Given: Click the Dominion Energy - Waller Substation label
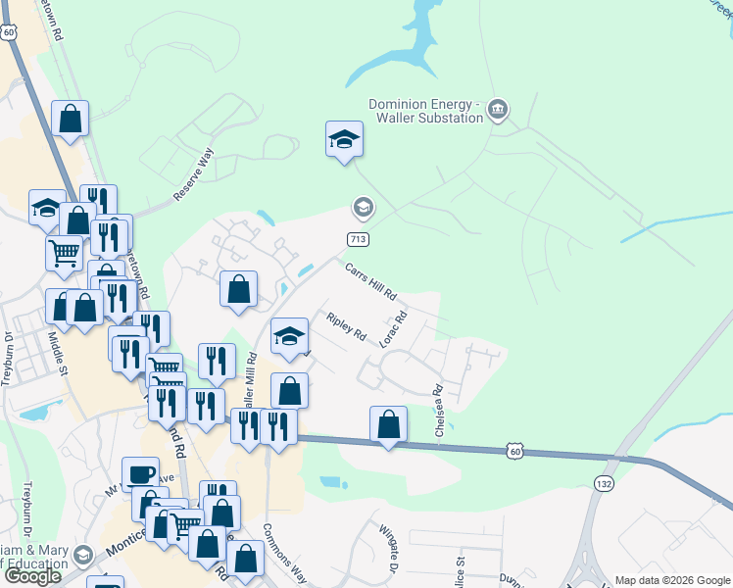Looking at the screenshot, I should coord(425,111).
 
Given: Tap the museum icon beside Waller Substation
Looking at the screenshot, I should coord(497,108).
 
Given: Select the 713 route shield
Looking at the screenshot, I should coord(358,239).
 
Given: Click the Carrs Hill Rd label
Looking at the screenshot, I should coord(369,280).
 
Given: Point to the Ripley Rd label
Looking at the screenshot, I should coord(346,326).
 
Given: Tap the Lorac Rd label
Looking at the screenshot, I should coord(395,328).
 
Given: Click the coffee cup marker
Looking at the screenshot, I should coord(139,474).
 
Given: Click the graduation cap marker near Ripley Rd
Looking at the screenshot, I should coord(289,335).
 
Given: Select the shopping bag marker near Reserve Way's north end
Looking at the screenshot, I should coord(71,119).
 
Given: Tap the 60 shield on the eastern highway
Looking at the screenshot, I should coord(516,450).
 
